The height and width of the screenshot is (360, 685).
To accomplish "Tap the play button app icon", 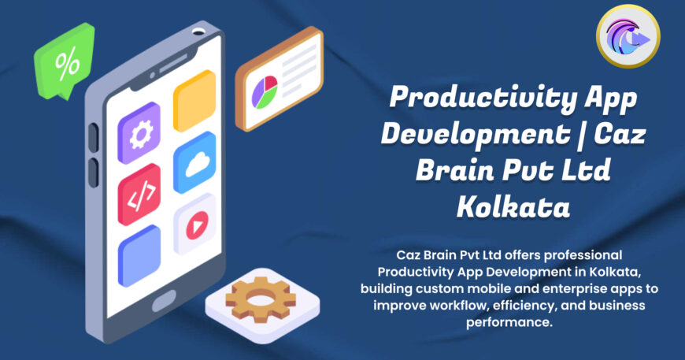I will pos(194,225).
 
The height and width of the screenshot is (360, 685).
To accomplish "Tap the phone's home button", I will pos(166,300).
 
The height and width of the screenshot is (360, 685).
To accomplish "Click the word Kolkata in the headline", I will pos(512,206).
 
